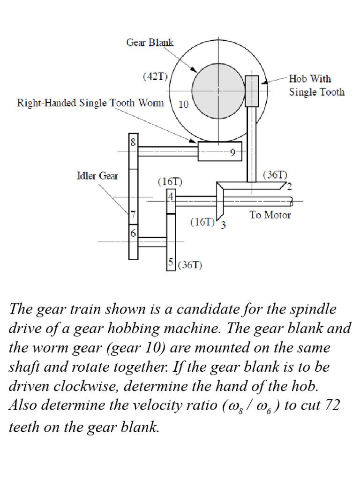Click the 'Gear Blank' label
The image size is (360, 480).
(x=150, y=43)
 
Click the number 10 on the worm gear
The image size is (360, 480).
(x=183, y=105)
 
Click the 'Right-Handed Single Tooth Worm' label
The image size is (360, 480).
(x=90, y=103)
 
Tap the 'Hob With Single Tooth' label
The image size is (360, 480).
(x=316, y=85)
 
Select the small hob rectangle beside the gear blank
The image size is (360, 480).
(x=252, y=91)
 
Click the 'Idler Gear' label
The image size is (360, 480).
(x=97, y=176)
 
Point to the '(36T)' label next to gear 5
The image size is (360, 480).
(x=190, y=265)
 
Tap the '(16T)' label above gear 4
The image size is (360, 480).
(x=170, y=181)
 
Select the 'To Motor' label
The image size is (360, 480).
(x=270, y=215)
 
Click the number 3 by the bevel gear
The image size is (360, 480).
(x=224, y=225)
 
